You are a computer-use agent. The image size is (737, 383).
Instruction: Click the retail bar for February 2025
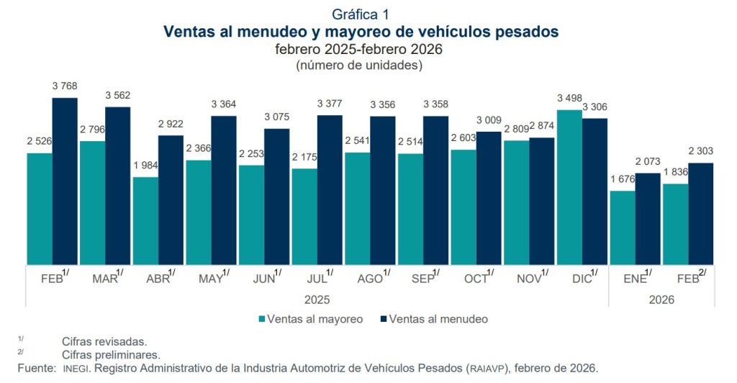(x=65, y=181)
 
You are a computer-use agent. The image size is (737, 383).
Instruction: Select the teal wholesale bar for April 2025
(x=145, y=220)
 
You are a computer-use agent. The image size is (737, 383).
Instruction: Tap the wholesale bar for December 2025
(x=569, y=187)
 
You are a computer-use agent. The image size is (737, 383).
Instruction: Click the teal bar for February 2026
(x=675, y=224)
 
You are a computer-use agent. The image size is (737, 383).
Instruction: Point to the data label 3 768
(x=65, y=86)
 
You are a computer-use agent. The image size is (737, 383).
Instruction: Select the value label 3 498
(x=570, y=99)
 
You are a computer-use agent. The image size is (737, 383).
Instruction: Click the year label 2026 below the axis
(x=661, y=299)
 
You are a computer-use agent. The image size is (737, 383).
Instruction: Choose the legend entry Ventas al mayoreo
(x=315, y=318)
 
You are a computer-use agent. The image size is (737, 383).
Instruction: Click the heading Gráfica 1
(x=361, y=14)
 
